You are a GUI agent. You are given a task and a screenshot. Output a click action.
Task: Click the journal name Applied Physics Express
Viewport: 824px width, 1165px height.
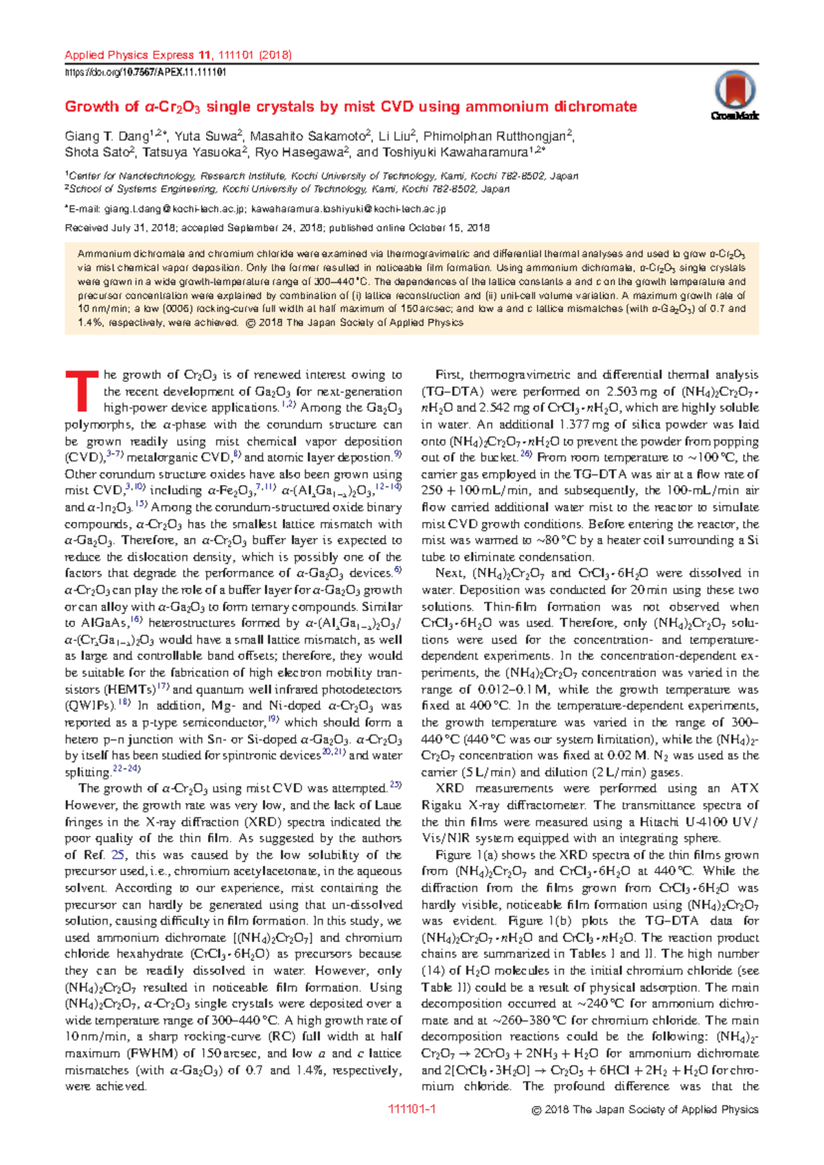(x=129, y=55)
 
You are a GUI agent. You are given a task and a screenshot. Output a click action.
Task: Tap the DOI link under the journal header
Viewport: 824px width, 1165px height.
(x=146, y=72)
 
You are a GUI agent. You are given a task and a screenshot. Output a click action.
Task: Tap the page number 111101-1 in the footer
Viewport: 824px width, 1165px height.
(x=412, y=1109)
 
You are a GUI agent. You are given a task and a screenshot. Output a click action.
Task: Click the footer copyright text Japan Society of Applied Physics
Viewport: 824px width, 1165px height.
(x=676, y=1109)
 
